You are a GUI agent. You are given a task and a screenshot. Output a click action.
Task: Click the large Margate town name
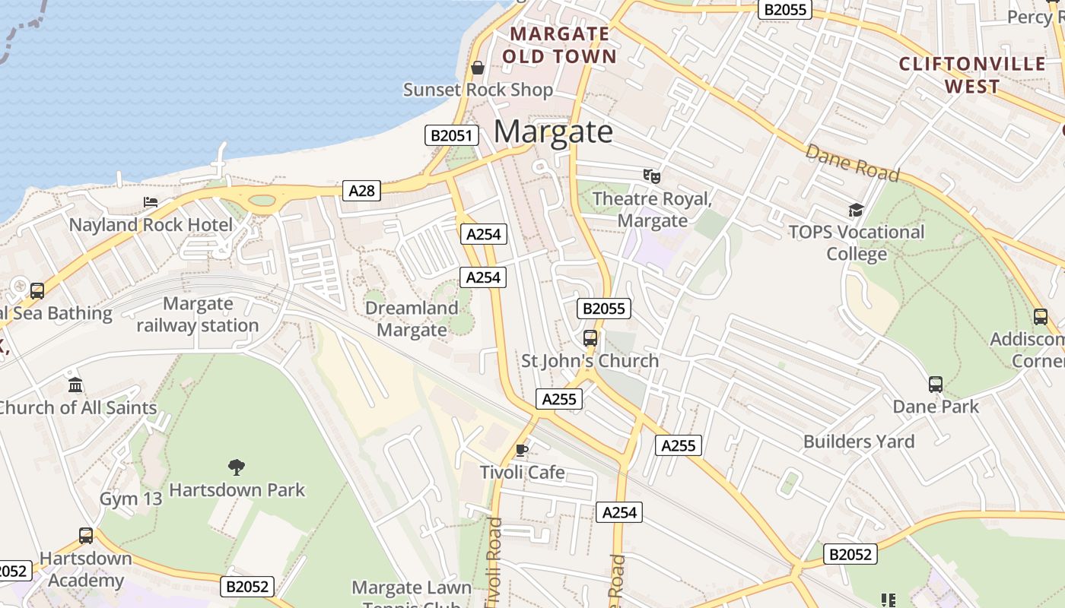click(x=553, y=131)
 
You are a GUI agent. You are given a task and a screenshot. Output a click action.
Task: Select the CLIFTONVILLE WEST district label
click(x=972, y=74)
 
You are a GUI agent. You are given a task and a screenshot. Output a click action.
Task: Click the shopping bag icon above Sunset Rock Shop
click(x=478, y=68)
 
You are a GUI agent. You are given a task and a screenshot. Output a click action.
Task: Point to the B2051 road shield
click(x=451, y=136)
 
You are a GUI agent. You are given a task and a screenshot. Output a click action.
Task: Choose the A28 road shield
click(x=361, y=191)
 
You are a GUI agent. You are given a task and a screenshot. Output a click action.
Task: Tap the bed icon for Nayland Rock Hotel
click(x=151, y=202)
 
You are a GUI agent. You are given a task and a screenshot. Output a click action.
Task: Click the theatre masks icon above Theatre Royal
click(x=652, y=176)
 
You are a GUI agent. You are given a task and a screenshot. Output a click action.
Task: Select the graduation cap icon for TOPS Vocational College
click(x=857, y=210)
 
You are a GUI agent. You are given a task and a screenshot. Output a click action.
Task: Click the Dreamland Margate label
click(x=412, y=319)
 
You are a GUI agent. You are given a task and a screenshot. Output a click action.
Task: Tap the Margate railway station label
click(x=198, y=315)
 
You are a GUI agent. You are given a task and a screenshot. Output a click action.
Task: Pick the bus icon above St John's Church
click(x=590, y=338)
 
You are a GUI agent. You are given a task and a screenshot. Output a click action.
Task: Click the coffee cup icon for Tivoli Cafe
click(x=522, y=450)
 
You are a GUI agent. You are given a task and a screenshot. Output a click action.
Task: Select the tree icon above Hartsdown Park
click(x=237, y=467)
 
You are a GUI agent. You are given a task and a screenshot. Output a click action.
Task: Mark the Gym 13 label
click(x=131, y=499)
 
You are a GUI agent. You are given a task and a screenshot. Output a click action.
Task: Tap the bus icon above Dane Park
click(x=936, y=385)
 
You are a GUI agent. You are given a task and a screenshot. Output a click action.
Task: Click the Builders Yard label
click(x=859, y=442)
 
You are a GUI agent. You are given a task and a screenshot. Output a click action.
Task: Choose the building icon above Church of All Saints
click(x=75, y=385)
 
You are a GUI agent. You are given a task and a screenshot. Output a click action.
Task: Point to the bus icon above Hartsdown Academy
click(x=86, y=536)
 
